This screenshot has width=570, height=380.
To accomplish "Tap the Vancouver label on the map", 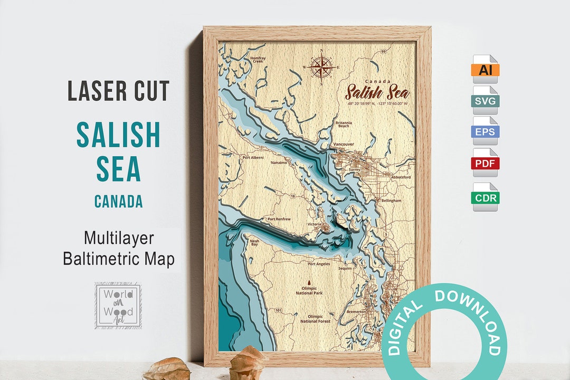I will tap(344, 144).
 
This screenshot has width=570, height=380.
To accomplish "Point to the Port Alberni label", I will tap(252, 157).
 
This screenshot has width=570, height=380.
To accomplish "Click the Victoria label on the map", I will tap(315, 224).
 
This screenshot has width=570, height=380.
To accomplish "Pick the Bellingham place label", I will tap(391, 201).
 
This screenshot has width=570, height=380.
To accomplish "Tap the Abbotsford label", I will tap(401, 177).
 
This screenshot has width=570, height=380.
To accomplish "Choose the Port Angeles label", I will tap(319, 264).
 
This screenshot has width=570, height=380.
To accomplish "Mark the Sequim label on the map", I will tap(345, 268).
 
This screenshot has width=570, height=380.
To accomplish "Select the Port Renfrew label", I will tap(278, 218).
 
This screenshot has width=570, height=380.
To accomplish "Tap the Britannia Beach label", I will tap(343, 125).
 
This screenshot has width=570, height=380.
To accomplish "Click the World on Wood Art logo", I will tap(118, 306).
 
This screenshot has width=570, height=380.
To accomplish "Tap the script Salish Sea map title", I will tap(377, 92).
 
